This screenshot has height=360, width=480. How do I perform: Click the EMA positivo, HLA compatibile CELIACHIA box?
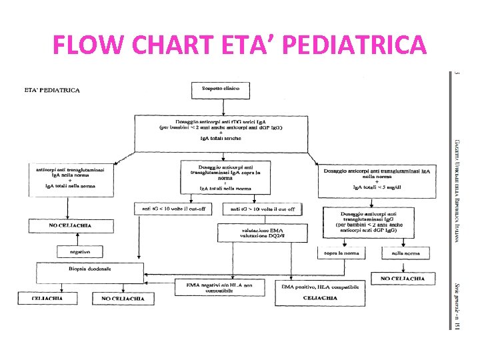[x=320, y=293]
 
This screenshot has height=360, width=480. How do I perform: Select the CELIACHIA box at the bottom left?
[x=47, y=299]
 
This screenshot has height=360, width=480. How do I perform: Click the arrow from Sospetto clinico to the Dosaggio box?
[x=221, y=105]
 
